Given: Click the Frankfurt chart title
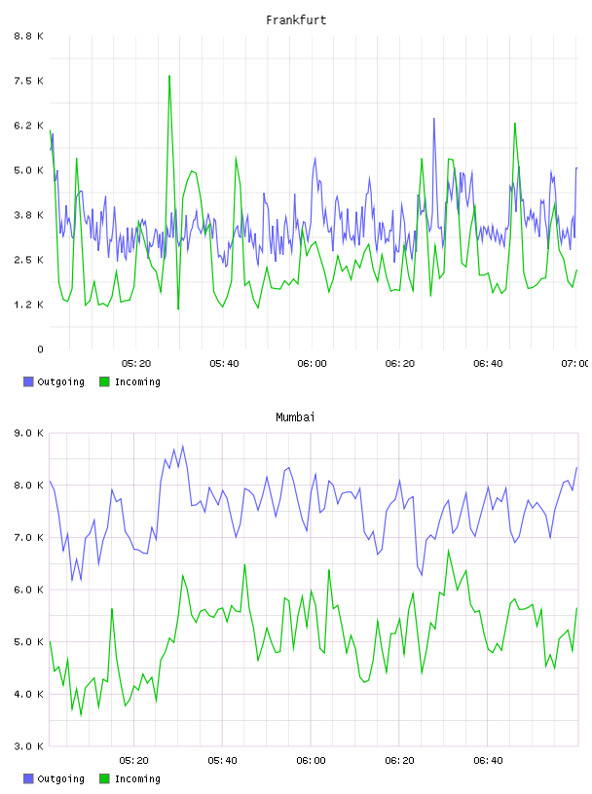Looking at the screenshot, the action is [296, 20].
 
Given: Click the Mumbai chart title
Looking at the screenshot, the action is [295, 417].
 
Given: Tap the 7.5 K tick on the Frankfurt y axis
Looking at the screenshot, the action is [28, 81].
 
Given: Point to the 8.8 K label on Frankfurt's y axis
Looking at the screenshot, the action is [28, 36].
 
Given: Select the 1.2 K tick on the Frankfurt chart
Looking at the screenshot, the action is [28, 305].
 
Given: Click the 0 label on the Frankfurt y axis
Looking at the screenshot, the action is [40, 349].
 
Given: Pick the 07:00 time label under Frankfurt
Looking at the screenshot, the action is [575, 364].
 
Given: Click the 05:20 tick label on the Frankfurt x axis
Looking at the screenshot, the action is [136, 364].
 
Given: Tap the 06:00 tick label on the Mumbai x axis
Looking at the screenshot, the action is [312, 761].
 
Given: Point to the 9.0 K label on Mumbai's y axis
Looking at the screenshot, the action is [28, 433].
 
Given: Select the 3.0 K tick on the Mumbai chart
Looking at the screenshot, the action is [28, 746].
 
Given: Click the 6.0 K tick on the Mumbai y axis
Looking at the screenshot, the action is [28, 590].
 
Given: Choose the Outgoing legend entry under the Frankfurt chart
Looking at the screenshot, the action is [55, 381].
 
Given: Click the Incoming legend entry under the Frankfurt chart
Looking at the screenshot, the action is [130, 381].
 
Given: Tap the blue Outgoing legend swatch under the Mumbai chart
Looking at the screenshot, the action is [28, 778].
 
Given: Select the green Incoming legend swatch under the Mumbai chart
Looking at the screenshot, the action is [104, 778].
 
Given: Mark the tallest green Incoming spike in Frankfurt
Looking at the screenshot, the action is [169, 76].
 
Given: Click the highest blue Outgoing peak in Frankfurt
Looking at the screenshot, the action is [434, 119].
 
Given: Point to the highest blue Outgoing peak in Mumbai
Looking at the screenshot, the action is [183, 446].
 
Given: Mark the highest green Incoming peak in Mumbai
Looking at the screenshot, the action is [448, 550].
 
